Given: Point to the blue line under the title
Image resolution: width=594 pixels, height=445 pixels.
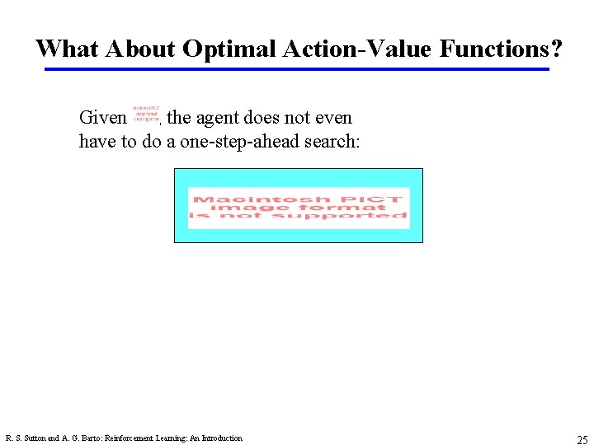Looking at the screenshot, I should (297, 69).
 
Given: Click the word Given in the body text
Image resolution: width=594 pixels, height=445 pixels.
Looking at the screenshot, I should (102, 118).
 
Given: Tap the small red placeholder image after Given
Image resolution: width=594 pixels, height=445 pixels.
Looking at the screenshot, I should (146, 113).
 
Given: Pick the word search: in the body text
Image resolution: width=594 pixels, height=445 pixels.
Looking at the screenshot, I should (330, 141).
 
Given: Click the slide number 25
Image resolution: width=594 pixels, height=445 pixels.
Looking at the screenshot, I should (582, 439).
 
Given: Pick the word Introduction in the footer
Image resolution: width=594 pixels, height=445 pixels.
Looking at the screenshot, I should (221, 438).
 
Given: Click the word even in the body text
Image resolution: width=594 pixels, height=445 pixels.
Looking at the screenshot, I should (334, 118).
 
